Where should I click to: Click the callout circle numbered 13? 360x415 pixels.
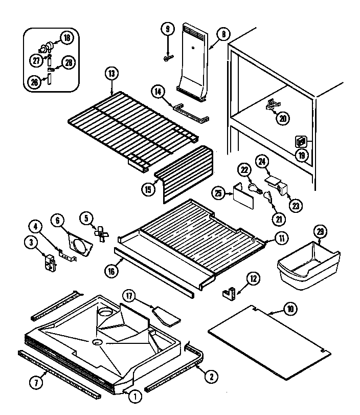111,73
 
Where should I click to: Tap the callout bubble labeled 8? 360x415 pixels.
223,35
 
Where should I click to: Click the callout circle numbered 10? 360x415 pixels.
290,309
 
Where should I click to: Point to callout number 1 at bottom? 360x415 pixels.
135,395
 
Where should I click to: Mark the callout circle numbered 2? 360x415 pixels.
210,377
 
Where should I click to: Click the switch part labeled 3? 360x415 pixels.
49,261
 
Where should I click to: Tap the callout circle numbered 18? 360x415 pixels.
66,37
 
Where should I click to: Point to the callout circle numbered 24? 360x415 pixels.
262,162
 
